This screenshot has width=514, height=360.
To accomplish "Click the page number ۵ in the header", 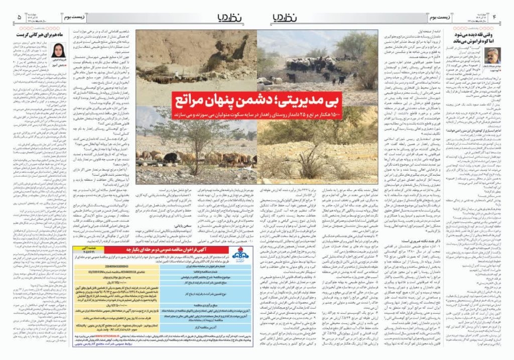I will click(19, 17).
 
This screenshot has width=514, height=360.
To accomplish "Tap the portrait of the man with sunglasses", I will click(492, 55).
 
